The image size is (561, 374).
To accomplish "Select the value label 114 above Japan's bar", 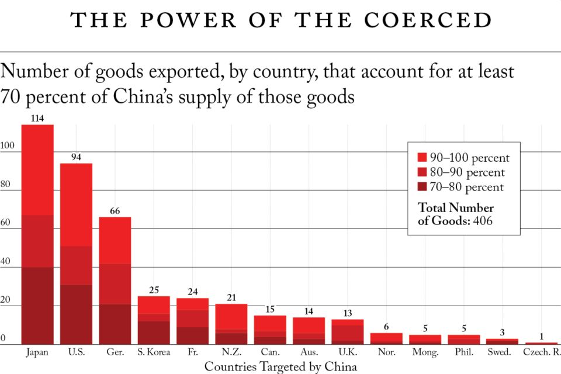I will coord(37,119).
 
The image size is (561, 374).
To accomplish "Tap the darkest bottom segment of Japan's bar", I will coord(37,306).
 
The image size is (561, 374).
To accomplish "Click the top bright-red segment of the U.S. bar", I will coord(76,205).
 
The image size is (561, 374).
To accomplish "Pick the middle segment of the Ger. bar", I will coord(115,284).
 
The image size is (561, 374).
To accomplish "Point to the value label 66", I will coord(115,211).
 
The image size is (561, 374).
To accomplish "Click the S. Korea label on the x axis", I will coord(154,352).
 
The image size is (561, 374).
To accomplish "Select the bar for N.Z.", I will coord(231,324).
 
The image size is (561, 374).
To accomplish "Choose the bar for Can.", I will coord(269,330).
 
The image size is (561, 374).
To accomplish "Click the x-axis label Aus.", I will coord(309,352).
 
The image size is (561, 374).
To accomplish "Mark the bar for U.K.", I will coord(347,332).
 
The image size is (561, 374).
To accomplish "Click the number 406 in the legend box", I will coord(483,221).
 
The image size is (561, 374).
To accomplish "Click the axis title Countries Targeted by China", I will coord(280,366).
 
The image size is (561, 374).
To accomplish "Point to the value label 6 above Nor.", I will coord(386,327).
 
